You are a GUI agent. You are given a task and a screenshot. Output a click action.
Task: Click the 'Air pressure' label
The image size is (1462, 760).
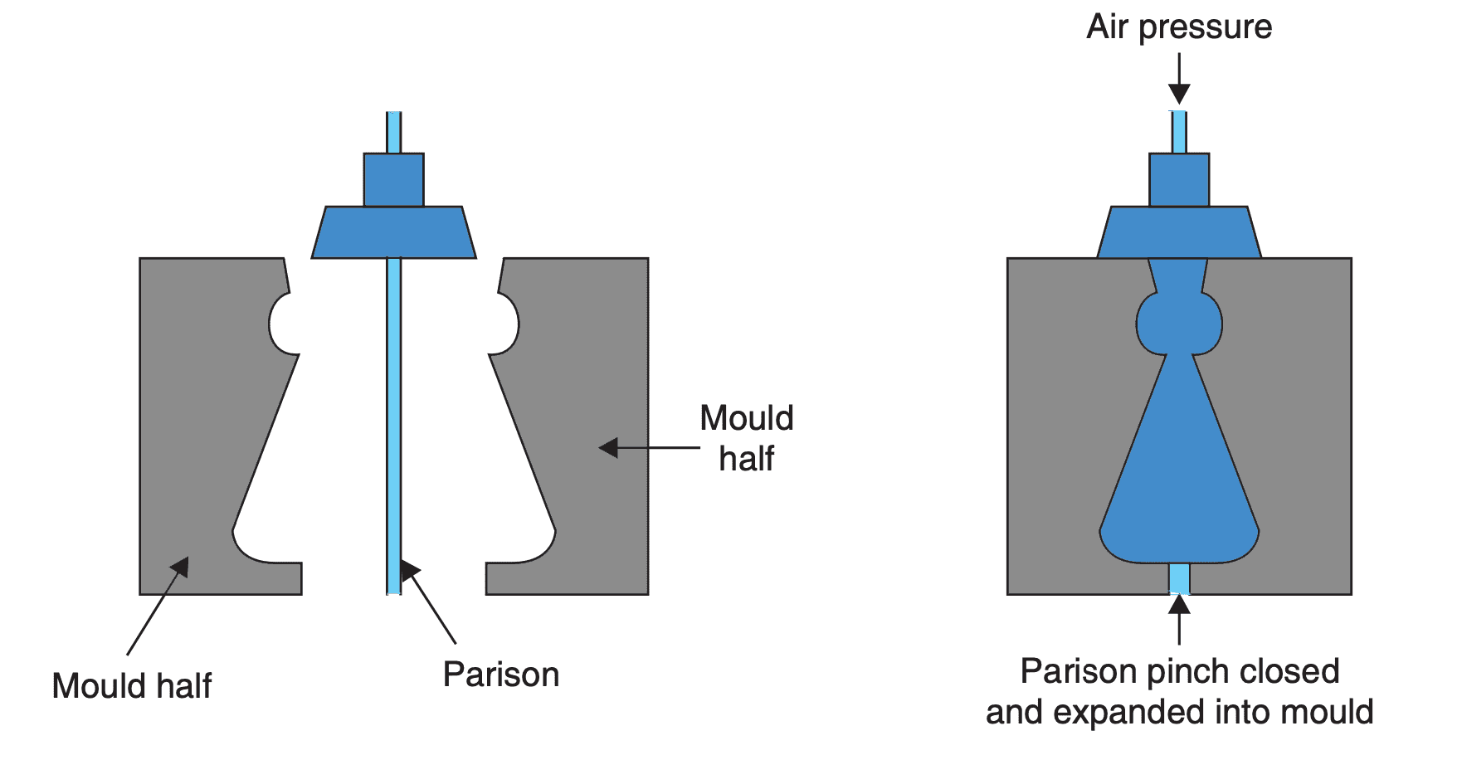[x=1178, y=27]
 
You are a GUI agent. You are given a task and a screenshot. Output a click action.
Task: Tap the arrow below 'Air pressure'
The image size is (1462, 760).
[x=1179, y=80]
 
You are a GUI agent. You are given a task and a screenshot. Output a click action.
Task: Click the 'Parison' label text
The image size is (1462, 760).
[x=500, y=675]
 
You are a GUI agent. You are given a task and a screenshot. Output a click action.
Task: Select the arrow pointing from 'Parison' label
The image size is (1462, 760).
[x=429, y=603]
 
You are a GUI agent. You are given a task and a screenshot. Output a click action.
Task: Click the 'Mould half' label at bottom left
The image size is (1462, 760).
[x=131, y=687]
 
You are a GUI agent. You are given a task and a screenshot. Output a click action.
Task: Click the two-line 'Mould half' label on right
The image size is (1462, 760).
[x=746, y=438]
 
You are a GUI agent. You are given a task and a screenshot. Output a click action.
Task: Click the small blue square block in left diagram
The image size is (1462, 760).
[x=393, y=179]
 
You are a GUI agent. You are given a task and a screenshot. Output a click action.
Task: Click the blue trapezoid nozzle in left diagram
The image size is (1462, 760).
[x=393, y=232]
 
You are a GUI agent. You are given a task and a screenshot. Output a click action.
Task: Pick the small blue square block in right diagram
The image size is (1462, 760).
[x=1179, y=179]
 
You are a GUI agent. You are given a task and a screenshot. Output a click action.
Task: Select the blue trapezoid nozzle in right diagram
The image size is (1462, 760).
[x=1179, y=232]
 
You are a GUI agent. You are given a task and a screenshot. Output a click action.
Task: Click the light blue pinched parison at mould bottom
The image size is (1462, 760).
[x=1179, y=578]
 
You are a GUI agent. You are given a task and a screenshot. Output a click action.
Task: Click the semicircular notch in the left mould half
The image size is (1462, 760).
[x=283, y=324]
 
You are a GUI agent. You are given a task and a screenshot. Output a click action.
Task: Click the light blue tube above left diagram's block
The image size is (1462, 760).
[x=393, y=133]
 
